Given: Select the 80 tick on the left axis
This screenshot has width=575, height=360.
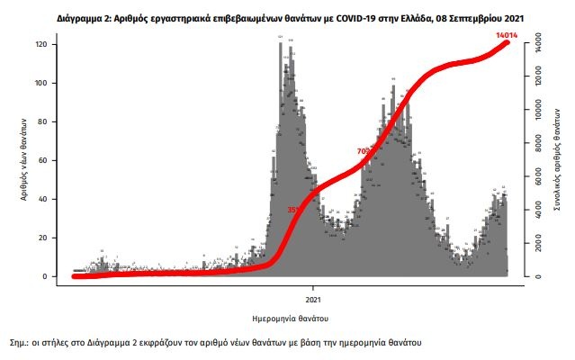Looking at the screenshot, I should click(x=55, y=121).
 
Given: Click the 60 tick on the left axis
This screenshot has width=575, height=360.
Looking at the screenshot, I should click(x=55, y=160).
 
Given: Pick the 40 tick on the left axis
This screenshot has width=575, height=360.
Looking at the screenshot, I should click(x=55, y=199).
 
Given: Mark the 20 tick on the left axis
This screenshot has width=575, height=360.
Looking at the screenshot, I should click(x=55, y=238).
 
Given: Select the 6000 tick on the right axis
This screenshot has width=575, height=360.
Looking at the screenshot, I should click(x=536, y=177).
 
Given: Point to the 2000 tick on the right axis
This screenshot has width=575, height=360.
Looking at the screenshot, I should click(x=536, y=244).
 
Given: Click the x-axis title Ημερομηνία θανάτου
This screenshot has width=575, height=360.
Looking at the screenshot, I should click(x=289, y=319).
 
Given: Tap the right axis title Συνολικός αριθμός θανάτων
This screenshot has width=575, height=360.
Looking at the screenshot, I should click(x=560, y=162).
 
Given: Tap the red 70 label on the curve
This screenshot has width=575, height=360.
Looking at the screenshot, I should click(x=363, y=151).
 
